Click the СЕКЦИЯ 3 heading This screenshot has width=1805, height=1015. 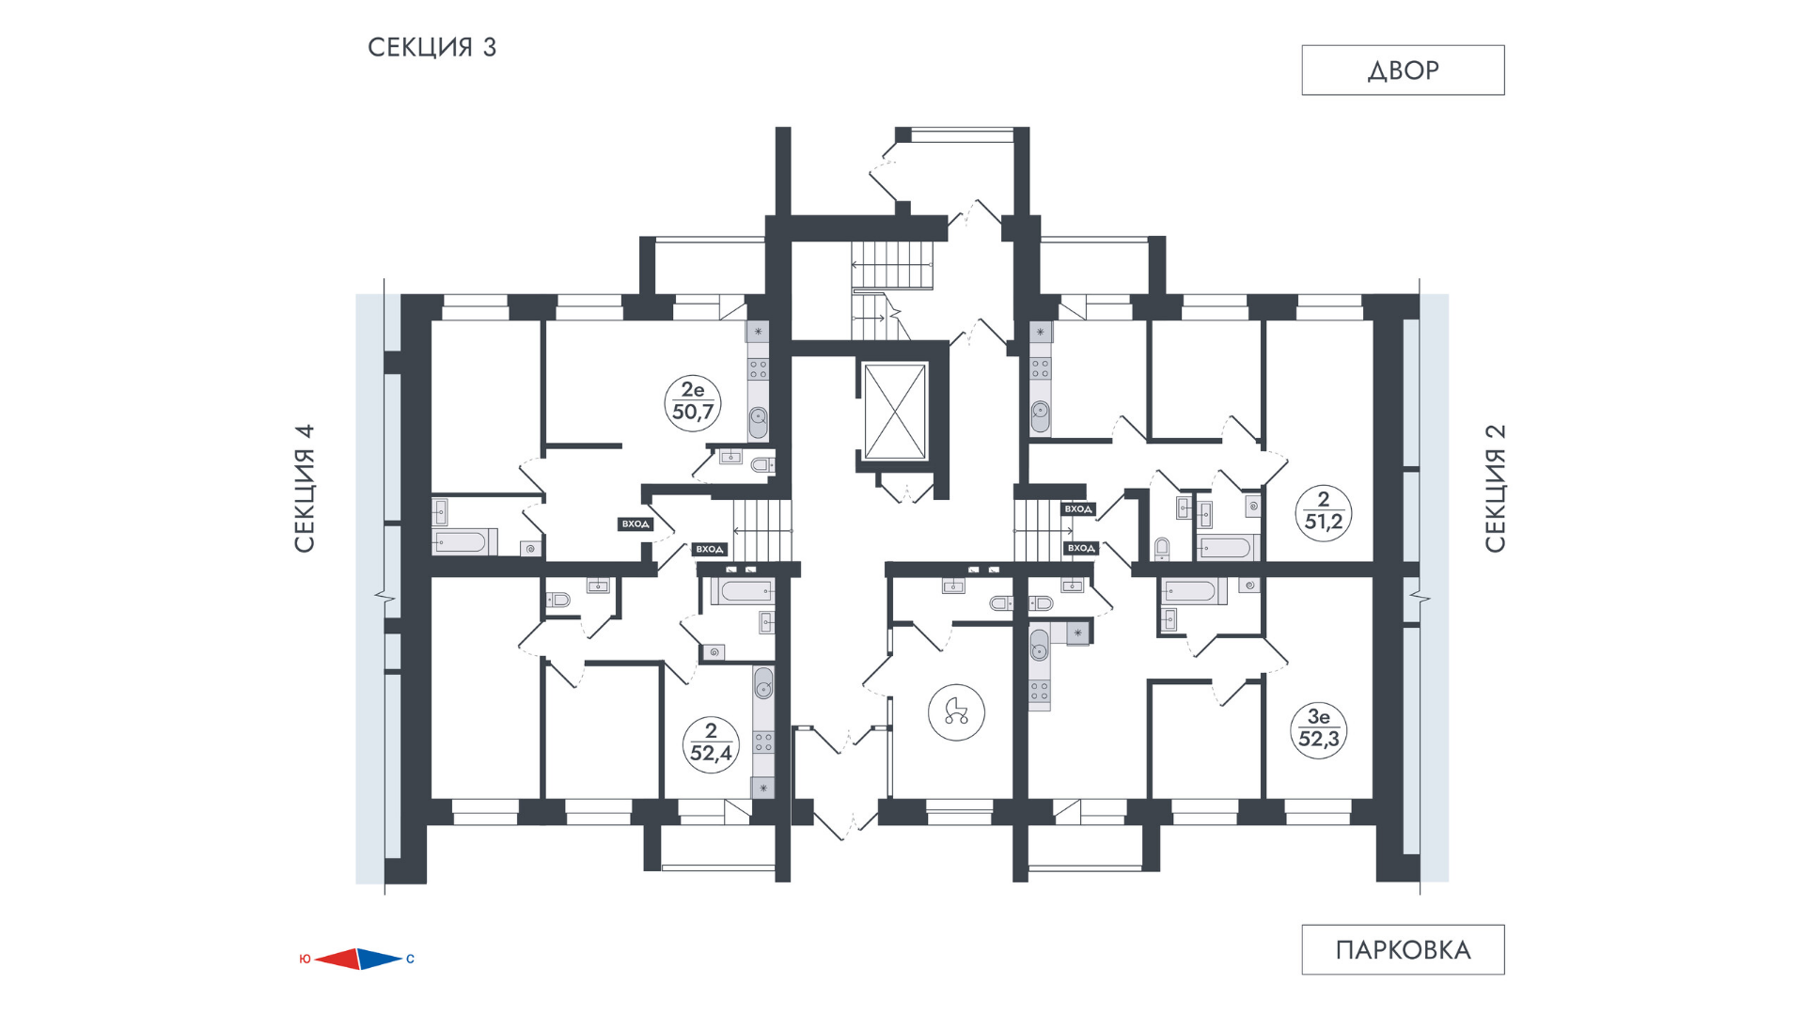pos(432,47)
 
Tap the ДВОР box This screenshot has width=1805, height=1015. pos(1403,70)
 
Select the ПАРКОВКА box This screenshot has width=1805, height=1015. pos(1403,950)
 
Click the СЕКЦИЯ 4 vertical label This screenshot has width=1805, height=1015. pos(305,489)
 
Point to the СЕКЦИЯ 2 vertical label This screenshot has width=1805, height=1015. pos(1495,489)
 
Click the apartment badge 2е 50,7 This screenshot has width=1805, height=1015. pos(693,402)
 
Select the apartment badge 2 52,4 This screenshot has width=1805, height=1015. pos(711,743)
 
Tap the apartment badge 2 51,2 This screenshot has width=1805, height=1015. pos(1324,512)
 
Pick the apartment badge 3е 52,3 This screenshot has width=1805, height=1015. pos(1318,729)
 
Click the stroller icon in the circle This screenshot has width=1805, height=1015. pos(956,711)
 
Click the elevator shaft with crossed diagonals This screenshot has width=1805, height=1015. pos(895,411)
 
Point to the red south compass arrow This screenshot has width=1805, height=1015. pos(337,959)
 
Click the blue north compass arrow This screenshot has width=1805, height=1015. pos(381,959)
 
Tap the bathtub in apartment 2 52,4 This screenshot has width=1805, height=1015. pos(742,591)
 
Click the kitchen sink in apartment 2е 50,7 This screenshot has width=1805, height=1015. pos(758,421)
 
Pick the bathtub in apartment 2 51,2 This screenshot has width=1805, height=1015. pos(1226,547)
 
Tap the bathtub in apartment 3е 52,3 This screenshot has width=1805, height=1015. pos(1192,591)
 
